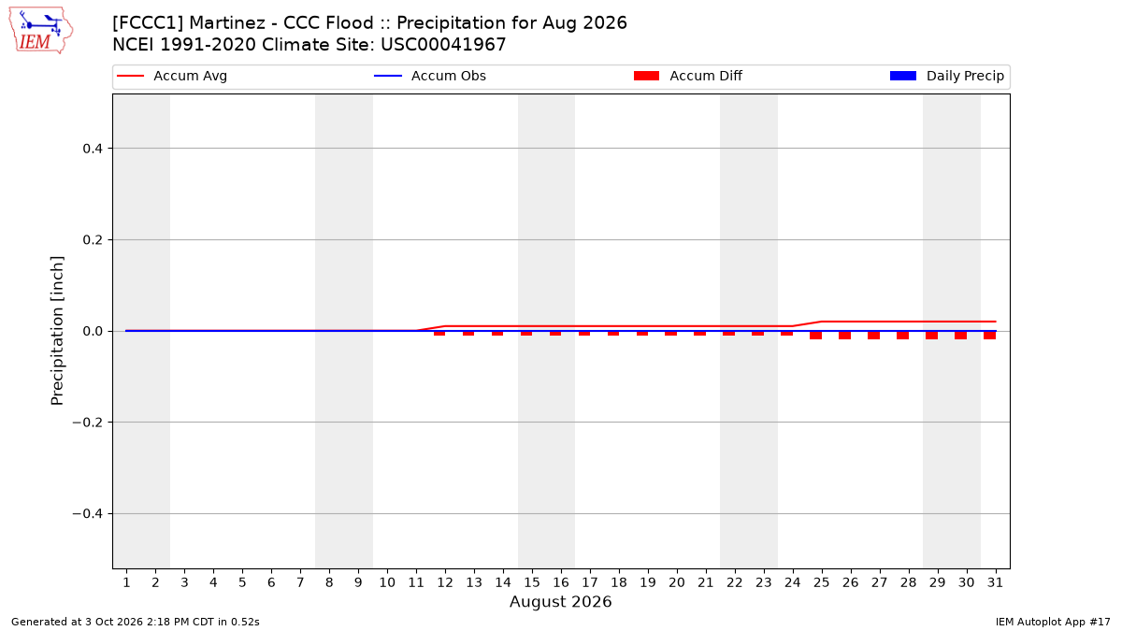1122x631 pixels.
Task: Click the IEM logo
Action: (41, 31)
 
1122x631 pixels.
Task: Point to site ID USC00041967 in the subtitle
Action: (443, 45)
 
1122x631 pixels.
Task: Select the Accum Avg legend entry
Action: (172, 76)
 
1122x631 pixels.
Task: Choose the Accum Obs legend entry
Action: (430, 76)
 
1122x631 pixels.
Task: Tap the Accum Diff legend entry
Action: (688, 76)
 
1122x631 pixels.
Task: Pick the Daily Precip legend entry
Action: (946, 76)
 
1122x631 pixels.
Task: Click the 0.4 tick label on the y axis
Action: (93, 149)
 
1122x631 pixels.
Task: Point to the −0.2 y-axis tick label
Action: (88, 423)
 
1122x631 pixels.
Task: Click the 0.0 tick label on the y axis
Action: (93, 332)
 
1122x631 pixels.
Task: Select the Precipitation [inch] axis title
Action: (57, 331)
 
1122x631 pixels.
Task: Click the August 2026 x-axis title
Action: (560, 601)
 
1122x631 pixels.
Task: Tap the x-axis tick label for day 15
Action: (532, 582)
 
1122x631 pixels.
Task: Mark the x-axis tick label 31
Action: (995, 582)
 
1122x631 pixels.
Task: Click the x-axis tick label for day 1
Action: (126, 582)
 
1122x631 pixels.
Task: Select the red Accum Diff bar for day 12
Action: (439, 334)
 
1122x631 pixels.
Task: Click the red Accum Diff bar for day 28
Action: (902, 336)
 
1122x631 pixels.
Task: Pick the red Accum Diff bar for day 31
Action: (990, 336)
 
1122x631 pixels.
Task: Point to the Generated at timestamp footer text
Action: (136, 622)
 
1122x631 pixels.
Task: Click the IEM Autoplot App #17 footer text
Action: (1053, 622)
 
